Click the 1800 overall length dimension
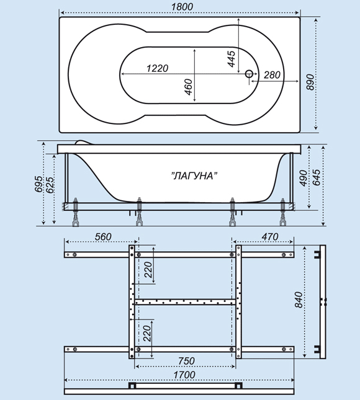(x=182, y=7)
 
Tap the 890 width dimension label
(x=310, y=82)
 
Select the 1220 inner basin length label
(x=158, y=68)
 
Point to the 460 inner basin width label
(x=188, y=87)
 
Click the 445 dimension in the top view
(x=231, y=59)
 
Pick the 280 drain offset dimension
(x=272, y=75)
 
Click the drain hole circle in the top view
(x=249, y=74)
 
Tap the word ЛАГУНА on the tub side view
(x=194, y=176)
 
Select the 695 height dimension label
(x=38, y=184)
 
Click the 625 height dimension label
(x=50, y=185)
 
